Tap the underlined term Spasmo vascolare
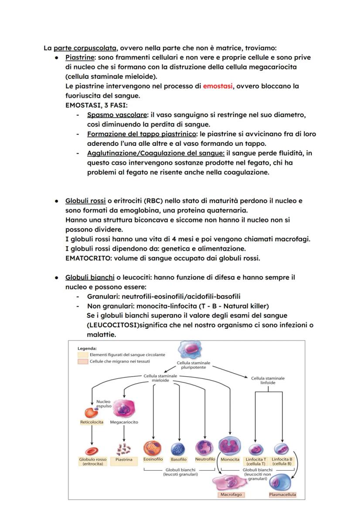[x=116, y=115]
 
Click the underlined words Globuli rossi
[x=85, y=201]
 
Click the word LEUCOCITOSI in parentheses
[x=113, y=325]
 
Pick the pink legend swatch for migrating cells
[x=83, y=361]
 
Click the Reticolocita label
[x=92, y=422]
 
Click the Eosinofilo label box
[x=153, y=459]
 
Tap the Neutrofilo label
[x=205, y=459]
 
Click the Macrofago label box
[x=231, y=495]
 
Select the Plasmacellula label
[x=283, y=495]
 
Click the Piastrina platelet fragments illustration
[x=124, y=449]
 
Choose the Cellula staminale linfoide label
[x=268, y=381]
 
